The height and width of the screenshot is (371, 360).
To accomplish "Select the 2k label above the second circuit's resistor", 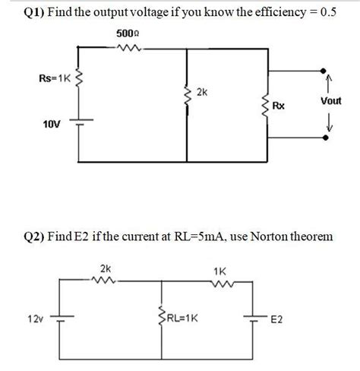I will coord(104,268).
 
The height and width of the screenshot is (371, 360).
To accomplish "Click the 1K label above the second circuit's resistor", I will coord(219,269).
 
